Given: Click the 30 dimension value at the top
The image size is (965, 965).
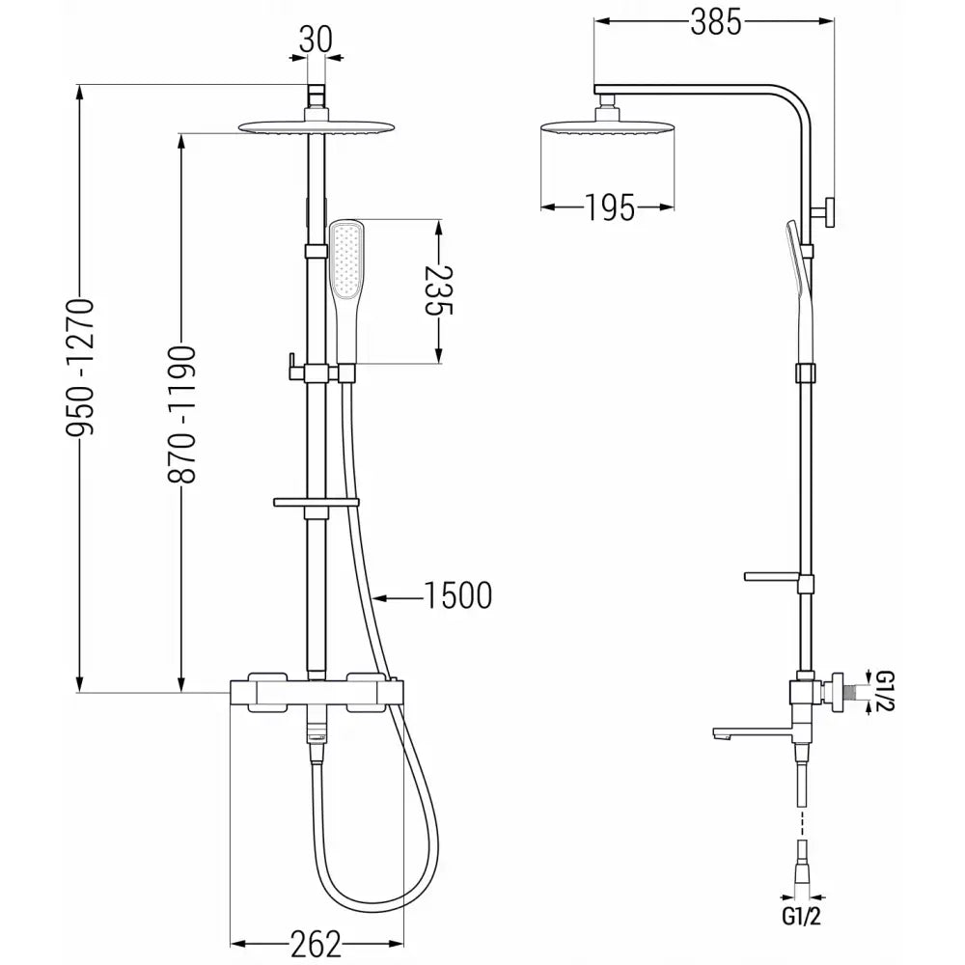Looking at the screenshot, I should click(316, 40).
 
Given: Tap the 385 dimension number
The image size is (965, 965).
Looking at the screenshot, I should click(715, 22).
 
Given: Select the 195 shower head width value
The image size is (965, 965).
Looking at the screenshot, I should click(608, 207).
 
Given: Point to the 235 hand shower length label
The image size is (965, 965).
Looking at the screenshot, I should click(437, 291).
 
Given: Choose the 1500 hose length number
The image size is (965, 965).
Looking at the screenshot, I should click(457, 595).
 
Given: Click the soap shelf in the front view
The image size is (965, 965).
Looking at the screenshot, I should click(317, 503).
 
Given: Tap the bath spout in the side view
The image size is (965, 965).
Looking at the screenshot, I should click(743, 733).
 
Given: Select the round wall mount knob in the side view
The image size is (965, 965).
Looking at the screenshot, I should click(828, 212).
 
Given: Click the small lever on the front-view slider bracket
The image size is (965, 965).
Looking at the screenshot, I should click(289, 364).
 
